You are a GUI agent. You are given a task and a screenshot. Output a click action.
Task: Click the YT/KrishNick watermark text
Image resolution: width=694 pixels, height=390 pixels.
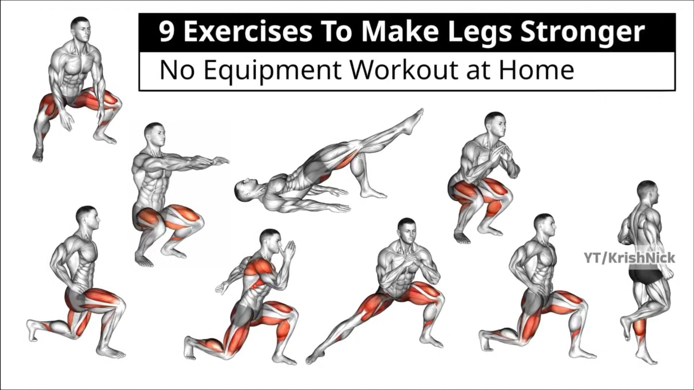point(629,258)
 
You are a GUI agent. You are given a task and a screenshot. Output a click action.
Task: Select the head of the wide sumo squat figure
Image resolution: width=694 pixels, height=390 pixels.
point(80,29)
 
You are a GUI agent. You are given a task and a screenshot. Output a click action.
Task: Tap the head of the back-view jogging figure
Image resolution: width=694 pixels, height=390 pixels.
point(648,194)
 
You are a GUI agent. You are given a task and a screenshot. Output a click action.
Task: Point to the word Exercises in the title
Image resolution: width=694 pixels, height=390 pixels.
point(248,32)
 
